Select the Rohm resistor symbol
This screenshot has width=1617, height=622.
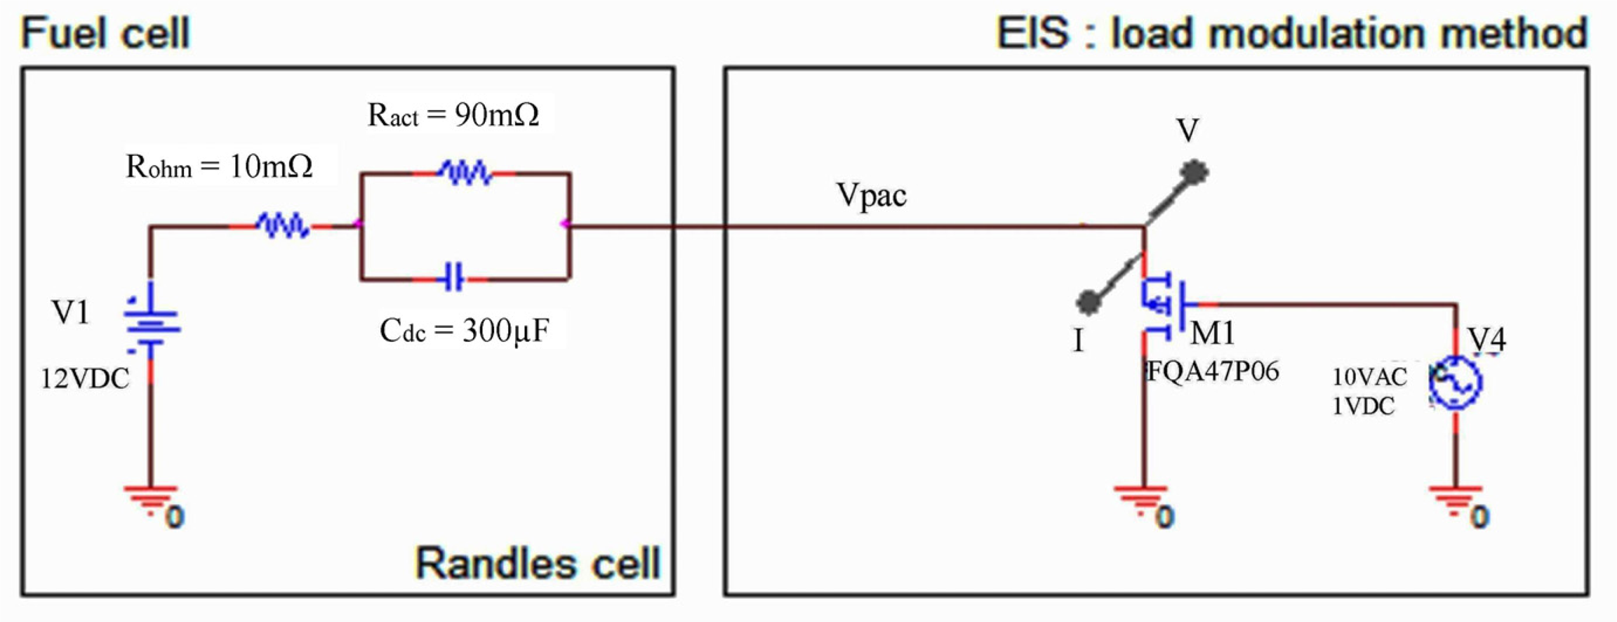pyautogui.click(x=282, y=226)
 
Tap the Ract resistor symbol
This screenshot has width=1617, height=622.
pyautogui.click(x=465, y=173)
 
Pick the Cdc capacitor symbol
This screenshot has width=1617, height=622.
pyautogui.click(x=453, y=279)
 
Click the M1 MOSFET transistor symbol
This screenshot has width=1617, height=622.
pyautogui.click(x=1162, y=305)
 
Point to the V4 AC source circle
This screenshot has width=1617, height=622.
pyautogui.click(x=1456, y=383)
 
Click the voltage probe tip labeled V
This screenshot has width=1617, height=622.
pyautogui.click(x=1193, y=171)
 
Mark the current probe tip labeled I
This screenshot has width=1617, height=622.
pyautogui.click(x=1089, y=302)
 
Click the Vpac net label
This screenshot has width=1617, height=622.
pyautogui.click(x=871, y=195)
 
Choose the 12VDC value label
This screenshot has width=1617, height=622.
pyautogui.click(x=85, y=379)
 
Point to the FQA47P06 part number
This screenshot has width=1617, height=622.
pyautogui.click(x=1213, y=371)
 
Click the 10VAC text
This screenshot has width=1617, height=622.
pyautogui.click(x=1369, y=377)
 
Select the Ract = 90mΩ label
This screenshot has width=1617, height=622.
pyautogui.click(x=453, y=114)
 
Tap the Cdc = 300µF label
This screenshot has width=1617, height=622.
pyautogui.click(x=464, y=331)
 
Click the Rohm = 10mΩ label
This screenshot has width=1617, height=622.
pyautogui.click(x=219, y=166)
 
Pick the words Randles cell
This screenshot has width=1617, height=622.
pyautogui.click(x=538, y=563)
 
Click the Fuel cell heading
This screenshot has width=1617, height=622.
pyautogui.click(x=105, y=33)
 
